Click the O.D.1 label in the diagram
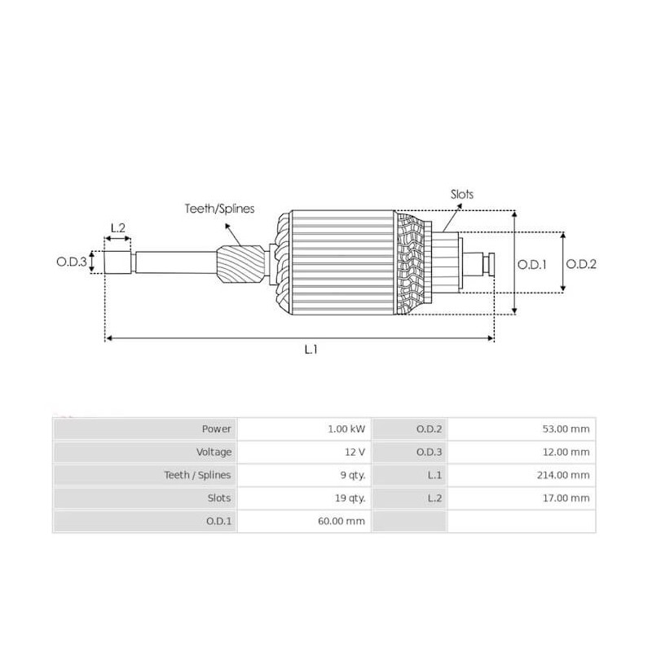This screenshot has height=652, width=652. click(x=532, y=263)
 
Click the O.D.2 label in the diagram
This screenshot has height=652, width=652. click(x=581, y=263)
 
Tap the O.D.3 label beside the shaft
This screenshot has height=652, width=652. click(x=71, y=262)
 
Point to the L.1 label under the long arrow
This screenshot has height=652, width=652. click(x=310, y=349)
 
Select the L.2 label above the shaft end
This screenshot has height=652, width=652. click(x=117, y=227)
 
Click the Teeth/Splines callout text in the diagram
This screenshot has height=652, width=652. click(x=218, y=209)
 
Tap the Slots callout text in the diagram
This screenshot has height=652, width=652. click(x=461, y=195)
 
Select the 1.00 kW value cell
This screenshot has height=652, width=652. click(x=346, y=429)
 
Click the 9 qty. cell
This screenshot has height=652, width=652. click(x=350, y=474)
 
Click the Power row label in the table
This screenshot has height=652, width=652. click(x=216, y=429)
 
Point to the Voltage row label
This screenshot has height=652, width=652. click(x=214, y=452)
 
